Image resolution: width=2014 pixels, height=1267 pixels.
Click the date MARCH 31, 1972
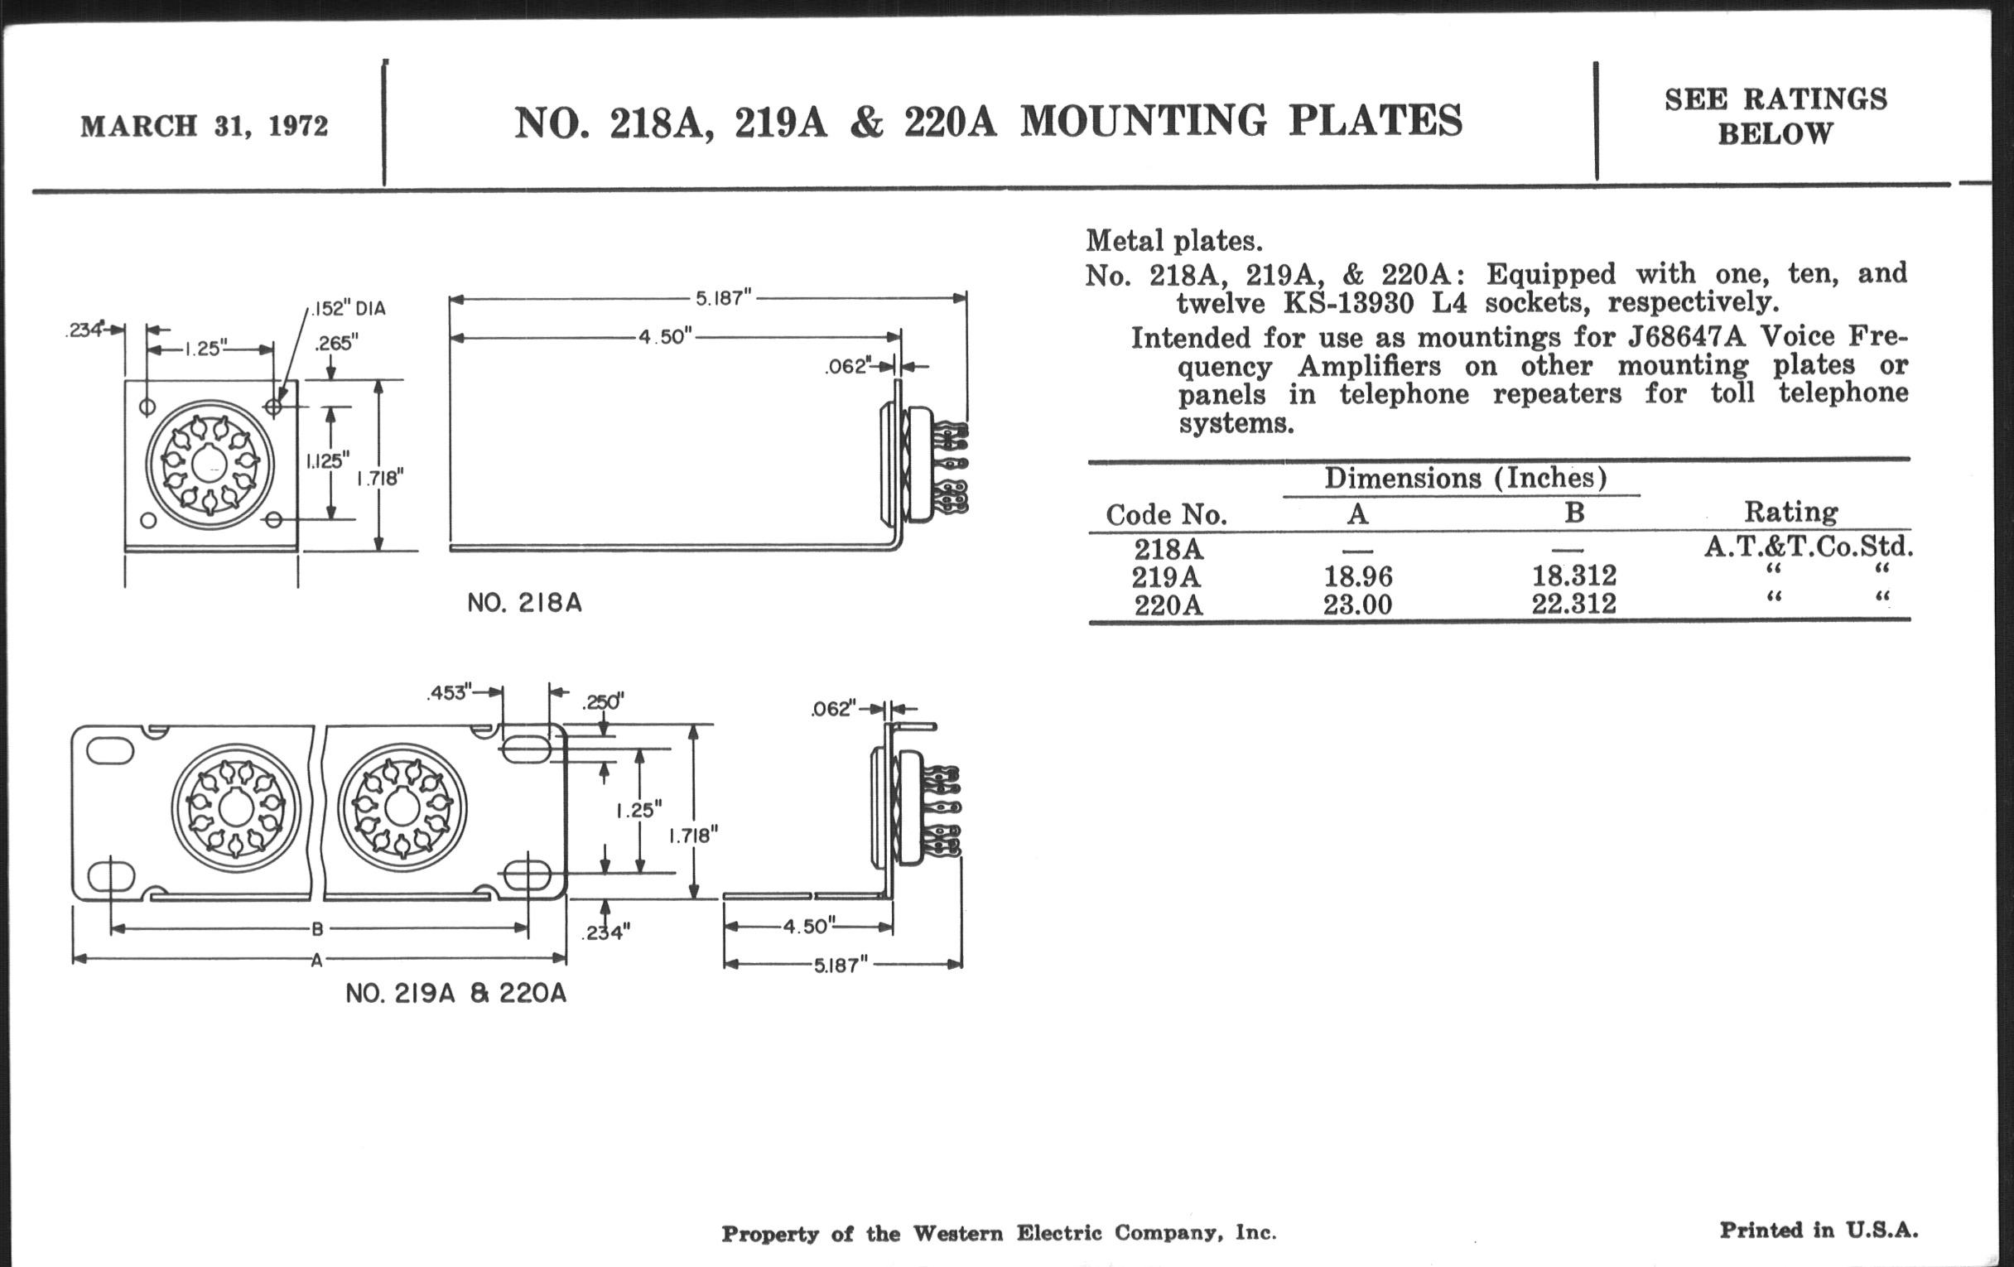(204, 126)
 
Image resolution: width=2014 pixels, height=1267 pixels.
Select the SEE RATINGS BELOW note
(1775, 116)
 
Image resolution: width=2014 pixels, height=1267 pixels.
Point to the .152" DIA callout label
(348, 309)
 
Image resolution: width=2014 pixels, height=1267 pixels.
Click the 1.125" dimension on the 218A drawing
(327, 460)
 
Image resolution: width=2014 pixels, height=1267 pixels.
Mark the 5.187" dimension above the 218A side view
(724, 298)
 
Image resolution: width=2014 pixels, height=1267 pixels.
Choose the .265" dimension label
(336, 343)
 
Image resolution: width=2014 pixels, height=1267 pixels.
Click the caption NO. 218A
(524, 602)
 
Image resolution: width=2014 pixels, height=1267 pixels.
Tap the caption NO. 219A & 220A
(455, 993)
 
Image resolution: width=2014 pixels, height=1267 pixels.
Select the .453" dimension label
(449, 692)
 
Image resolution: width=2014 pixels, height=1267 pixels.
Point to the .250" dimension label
(602, 701)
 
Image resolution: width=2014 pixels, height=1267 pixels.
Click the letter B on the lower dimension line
(317, 928)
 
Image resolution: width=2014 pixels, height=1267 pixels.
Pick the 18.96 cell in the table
(1357, 576)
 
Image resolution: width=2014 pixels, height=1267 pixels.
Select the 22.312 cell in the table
(1573, 603)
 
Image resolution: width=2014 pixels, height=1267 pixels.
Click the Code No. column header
(1166, 514)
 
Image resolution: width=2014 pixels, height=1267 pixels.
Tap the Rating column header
(1790, 511)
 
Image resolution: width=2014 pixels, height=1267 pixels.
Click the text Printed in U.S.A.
(1819, 1230)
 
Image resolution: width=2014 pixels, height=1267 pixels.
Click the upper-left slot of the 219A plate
(109, 750)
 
